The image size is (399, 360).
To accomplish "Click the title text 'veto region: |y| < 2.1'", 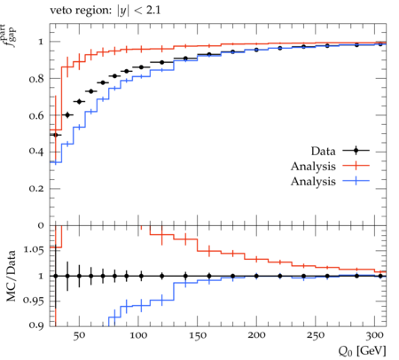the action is pyautogui.click(x=105, y=11).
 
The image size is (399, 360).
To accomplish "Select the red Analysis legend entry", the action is pyautogui.click(x=330, y=166).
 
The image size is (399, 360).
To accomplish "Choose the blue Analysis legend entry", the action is pyautogui.click(x=330, y=181).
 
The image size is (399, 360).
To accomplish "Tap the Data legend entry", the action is pyautogui.click(x=340, y=151).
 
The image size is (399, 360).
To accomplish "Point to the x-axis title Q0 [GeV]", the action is pyautogui.click(x=363, y=351).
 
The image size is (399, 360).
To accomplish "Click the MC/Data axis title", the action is pyautogui.click(x=11, y=276).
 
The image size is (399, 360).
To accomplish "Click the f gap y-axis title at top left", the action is pyautogui.click(x=10, y=35).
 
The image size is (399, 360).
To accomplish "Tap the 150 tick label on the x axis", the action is pyautogui.click(x=198, y=335).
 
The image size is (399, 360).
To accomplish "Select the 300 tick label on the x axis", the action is pyautogui.click(x=375, y=335).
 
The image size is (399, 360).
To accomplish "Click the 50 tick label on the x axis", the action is pyautogui.click(x=79, y=335).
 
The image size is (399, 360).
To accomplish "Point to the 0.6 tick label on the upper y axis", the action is pyautogui.click(x=36, y=115).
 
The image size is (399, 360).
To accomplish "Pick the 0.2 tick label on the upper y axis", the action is pyautogui.click(x=36, y=188).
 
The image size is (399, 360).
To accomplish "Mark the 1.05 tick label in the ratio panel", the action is pyautogui.click(x=34, y=250).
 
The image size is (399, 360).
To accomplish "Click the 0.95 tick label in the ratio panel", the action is pyautogui.click(x=34, y=301).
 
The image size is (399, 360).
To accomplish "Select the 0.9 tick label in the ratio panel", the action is pyautogui.click(x=36, y=325).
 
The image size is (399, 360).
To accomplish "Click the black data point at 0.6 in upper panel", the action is pyautogui.click(x=67, y=115).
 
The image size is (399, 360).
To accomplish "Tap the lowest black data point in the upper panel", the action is pyautogui.click(x=56, y=135).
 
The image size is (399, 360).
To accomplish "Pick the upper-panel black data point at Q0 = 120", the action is pyautogui.click(x=162, y=62).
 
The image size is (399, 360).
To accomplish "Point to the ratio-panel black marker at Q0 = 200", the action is pyautogui.click(x=256, y=276).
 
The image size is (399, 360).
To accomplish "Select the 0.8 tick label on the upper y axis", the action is pyautogui.click(x=36, y=79).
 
